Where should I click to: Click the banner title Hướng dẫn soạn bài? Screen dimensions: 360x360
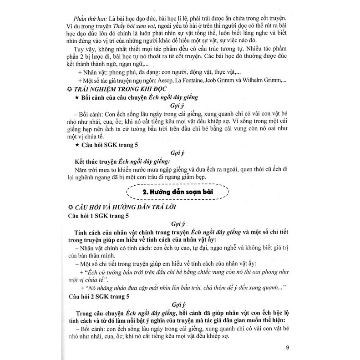184,193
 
